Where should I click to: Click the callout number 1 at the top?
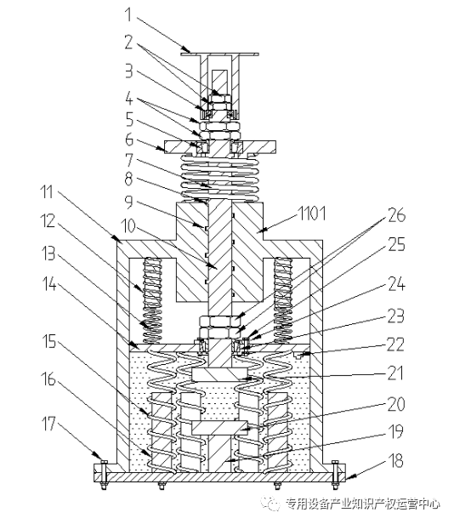(x=128, y=14)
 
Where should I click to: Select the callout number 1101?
(x=312, y=214)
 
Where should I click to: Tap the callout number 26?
(x=396, y=215)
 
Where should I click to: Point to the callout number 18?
(x=395, y=460)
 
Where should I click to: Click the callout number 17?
(x=48, y=424)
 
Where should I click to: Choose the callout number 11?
(x=47, y=192)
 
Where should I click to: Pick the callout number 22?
(x=395, y=345)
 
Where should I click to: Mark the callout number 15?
(x=48, y=341)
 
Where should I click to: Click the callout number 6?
(x=129, y=140)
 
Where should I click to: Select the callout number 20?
(x=396, y=404)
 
